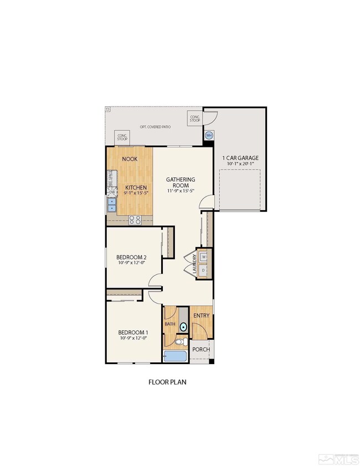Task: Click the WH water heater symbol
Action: pyautogui.click(x=209, y=135)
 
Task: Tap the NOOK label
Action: pyautogui.click(x=130, y=159)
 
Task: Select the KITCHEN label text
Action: pyautogui.click(x=136, y=188)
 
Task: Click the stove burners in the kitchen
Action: pyautogui.click(x=135, y=220)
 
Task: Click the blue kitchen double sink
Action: pyautogui.click(x=112, y=205)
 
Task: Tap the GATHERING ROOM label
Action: pyautogui.click(x=181, y=182)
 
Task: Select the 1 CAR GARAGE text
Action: pyautogui.click(x=240, y=158)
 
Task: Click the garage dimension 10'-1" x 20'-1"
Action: pyautogui.click(x=240, y=164)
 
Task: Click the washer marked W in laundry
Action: pyautogui.click(x=203, y=257)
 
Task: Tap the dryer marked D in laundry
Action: pyautogui.click(x=203, y=270)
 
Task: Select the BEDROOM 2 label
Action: pyautogui.click(x=131, y=257)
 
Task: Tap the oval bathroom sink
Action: pyautogui.click(x=183, y=327)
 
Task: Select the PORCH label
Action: pyautogui.click(x=200, y=350)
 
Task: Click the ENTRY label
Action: pyautogui.click(x=202, y=316)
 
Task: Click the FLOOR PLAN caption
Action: pyautogui.click(x=170, y=382)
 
